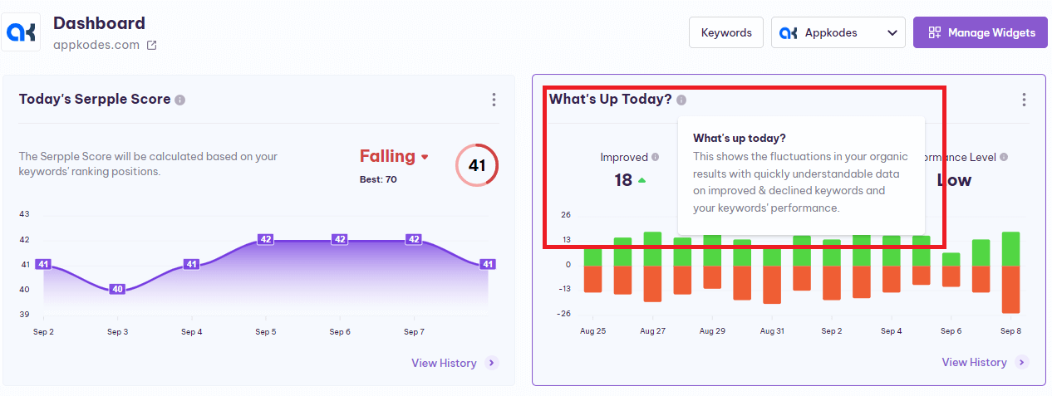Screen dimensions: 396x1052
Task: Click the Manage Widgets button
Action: [980, 32]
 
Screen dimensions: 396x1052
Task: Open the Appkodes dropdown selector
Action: [838, 32]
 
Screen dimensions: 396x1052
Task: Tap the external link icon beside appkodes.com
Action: [151, 46]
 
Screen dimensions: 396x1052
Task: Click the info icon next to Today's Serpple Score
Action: [180, 100]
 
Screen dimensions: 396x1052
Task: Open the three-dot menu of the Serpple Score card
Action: [494, 100]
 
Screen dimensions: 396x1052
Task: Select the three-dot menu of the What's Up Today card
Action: [1024, 100]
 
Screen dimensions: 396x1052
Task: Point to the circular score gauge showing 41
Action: [476, 165]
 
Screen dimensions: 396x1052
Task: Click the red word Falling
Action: [387, 156]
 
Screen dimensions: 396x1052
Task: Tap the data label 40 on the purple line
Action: [117, 289]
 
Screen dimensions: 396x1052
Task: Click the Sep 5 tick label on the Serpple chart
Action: [265, 332]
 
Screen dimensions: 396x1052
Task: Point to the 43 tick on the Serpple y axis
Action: [24, 214]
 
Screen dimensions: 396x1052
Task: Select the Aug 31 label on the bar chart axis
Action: [772, 331]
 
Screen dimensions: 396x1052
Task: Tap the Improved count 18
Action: [623, 179]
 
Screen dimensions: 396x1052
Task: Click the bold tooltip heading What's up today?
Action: [739, 138]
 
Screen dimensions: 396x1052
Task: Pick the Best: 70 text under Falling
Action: [378, 178]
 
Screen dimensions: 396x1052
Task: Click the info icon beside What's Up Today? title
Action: [681, 100]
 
